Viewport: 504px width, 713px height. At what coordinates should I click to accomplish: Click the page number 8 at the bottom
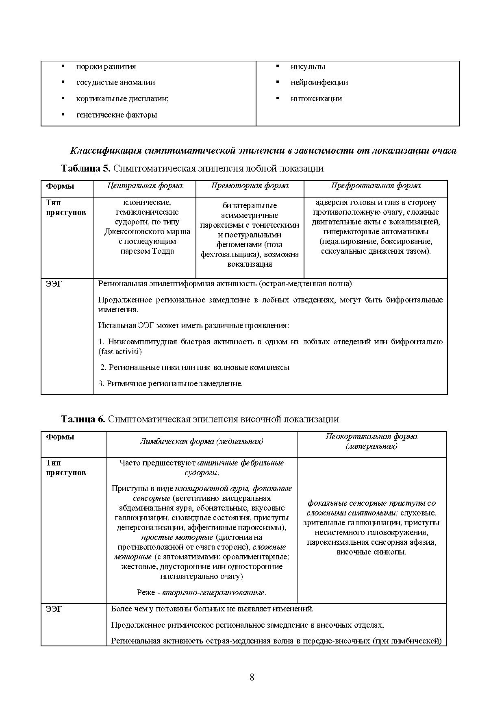coord(252,677)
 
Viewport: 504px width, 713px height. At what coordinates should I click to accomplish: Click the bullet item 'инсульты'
coord(308,66)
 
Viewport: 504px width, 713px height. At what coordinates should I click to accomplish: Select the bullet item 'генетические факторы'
coord(116,115)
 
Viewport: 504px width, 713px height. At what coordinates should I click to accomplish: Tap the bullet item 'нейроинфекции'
coord(319,82)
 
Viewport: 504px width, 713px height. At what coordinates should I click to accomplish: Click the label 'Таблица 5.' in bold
coord(85,168)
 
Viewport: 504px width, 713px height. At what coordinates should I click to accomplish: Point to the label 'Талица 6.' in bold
coord(83,419)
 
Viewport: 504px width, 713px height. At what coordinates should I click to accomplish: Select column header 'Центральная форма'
coord(145,186)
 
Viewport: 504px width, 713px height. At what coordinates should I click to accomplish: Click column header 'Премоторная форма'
coord(250,186)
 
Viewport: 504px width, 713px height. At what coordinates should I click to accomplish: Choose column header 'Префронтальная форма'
coord(376,186)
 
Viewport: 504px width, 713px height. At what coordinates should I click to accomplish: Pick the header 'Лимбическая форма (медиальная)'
coord(202,441)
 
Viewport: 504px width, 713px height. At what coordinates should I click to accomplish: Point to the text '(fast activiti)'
coord(120,351)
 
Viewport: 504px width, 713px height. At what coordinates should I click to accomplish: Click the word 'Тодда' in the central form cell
coord(163,251)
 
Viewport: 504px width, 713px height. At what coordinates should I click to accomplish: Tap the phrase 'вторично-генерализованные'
coord(213,592)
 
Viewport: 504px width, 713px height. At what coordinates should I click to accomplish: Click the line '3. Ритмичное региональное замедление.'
coord(170,383)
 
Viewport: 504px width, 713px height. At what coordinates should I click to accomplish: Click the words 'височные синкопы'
coord(371,552)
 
